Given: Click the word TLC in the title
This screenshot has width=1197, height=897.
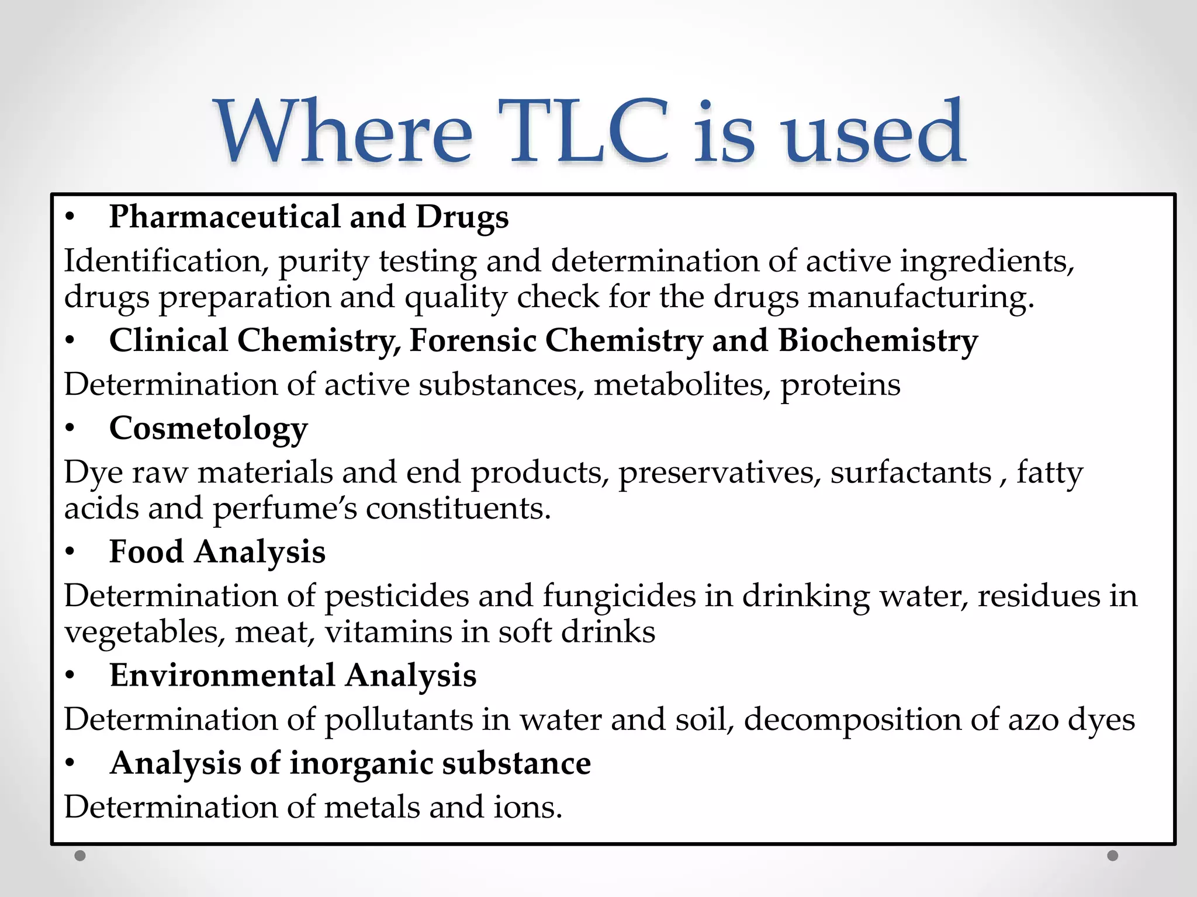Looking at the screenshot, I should point(589,132).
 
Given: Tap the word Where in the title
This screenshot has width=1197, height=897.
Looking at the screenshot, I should point(345,132).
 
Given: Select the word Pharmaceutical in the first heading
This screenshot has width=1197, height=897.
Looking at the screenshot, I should point(224,217).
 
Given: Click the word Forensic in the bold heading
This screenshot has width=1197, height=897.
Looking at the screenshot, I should point(473,340).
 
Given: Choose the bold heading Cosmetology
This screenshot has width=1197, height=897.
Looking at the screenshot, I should point(209,429).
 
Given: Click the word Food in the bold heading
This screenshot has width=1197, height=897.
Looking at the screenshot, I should point(146,552).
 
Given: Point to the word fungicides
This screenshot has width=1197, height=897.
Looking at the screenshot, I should point(619,596).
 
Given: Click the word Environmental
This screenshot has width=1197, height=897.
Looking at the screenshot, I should point(222,676).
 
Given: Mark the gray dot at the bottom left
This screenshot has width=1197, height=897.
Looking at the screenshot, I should point(80,856).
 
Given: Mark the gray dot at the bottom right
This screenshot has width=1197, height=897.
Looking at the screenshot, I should point(1113,856).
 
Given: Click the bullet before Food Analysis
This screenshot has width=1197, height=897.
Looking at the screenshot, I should point(70,552).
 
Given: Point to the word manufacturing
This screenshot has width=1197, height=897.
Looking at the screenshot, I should point(921,298).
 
